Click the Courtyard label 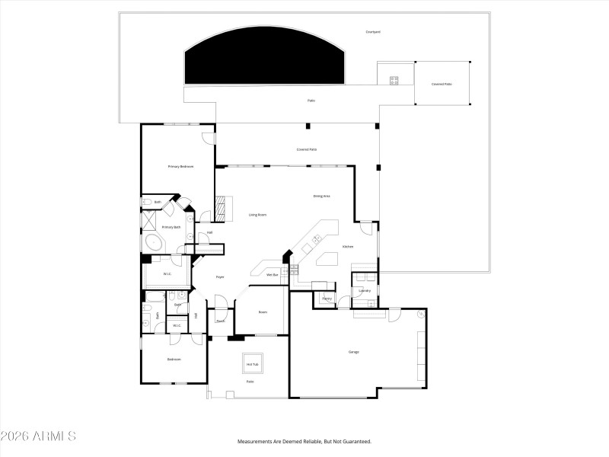click(372, 32)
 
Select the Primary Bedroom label click(180, 166)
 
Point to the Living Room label click(257, 215)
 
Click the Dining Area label click(321, 196)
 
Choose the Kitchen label click(347, 247)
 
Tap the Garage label click(353, 352)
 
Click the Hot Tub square click(252, 364)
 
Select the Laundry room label click(365, 290)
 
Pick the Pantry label click(326, 299)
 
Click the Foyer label click(219, 276)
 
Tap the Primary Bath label click(171, 227)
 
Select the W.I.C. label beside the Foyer click(167, 274)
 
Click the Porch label click(220, 321)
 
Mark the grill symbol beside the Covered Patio click(394, 79)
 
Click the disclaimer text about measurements click(304, 441)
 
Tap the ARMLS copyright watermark click(38, 436)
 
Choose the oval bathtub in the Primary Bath click(155, 244)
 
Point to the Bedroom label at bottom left click(174, 360)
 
